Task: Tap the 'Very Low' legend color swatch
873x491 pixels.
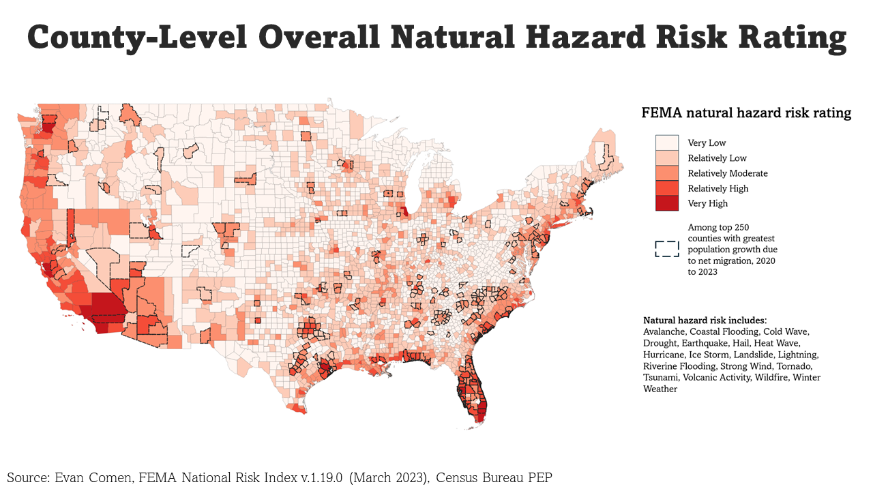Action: click(x=667, y=143)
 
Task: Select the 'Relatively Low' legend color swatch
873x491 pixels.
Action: click(x=667, y=158)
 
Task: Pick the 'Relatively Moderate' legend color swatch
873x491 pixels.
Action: click(x=667, y=173)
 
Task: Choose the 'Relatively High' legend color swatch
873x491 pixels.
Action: click(x=667, y=188)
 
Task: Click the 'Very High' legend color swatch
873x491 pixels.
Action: click(x=667, y=203)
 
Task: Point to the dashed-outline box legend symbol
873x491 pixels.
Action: click(x=667, y=249)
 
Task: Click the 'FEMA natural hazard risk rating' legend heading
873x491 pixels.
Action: click(x=746, y=113)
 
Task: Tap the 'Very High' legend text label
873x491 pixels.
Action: click(x=707, y=203)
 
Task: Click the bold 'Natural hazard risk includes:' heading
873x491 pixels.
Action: click(x=705, y=320)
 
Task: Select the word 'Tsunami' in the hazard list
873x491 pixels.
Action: click(x=660, y=377)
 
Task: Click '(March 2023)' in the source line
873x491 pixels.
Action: click(x=389, y=477)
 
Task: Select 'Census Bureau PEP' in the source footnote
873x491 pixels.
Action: click(x=494, y=477)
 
